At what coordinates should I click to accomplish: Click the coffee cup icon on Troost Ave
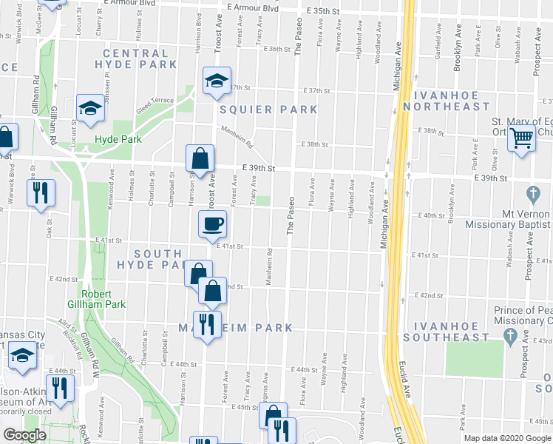(x=213, y=223)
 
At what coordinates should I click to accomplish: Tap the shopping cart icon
(x=522, y=137)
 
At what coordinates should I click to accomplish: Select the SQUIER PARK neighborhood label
(x=268, y=110)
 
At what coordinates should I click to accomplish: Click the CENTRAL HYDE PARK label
(x=136, y=58)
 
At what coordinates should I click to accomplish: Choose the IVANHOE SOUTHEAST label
(x=451, y=331)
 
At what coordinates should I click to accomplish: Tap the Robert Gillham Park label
(x=103, y=298)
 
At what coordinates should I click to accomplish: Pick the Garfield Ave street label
(x=439, y=45)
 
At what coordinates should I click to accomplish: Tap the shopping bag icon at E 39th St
(x=200, y=158)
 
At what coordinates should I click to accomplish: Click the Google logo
(x=25, y=436)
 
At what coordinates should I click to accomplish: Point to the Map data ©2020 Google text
(x=507, y=438)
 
